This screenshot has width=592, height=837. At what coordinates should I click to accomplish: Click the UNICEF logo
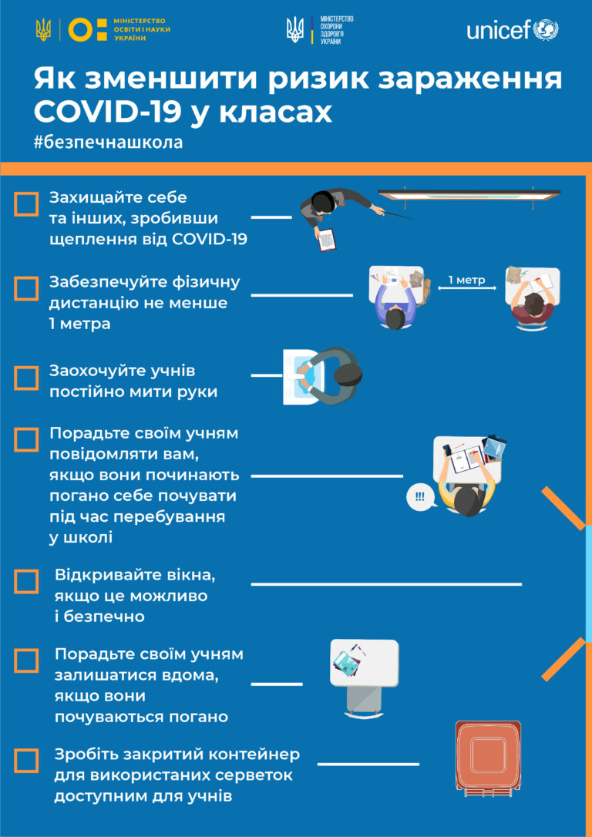coord(513,30)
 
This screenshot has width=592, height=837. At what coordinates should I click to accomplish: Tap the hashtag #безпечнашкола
coord(108,143)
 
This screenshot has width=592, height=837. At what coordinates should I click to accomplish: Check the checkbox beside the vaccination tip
coord(26,204)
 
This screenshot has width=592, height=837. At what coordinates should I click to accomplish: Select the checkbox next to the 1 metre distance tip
coord(26,288)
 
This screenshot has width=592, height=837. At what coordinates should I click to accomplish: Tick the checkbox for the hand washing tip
coord(26,378)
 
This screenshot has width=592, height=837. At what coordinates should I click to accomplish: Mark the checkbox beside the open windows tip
coord(26,581)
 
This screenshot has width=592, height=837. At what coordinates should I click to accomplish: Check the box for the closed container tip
coord(26,760)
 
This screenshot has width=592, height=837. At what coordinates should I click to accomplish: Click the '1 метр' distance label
coord(466,280)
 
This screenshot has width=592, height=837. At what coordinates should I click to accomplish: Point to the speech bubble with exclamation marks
coord(419,496)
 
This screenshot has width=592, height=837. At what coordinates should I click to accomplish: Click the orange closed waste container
coord(488,755)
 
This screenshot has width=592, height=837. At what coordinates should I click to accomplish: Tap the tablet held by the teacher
coord(327,240)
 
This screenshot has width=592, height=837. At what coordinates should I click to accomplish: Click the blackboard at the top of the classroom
coord(469,194)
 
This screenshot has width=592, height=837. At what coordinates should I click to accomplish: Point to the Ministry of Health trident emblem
coord(294,30)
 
